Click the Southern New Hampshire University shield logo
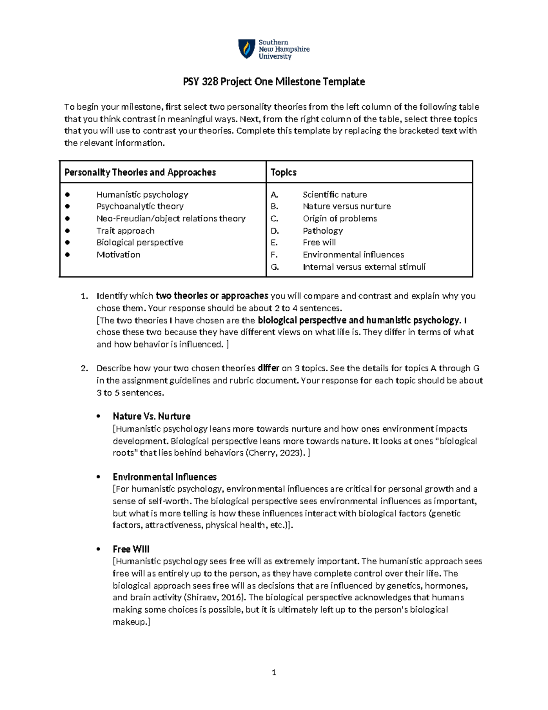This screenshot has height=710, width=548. (x=247, y=49)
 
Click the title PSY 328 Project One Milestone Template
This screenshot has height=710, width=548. (x=274, y=82)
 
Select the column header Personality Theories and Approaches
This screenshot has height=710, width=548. (x=140, y=172)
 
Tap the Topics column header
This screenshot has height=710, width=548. (x=284, y=172)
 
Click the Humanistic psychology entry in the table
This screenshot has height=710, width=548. (x=142, y=194)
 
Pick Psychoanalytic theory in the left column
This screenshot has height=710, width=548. (x=140, y=206)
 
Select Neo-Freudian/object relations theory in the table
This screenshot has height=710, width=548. (x=171, y=219)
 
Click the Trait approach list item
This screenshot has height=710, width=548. (x=125, y=230)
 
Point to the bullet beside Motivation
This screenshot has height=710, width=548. (x=68, y=255)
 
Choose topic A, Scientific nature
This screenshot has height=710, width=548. (x=334, y=194)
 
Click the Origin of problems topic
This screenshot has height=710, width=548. (x=339, y=219)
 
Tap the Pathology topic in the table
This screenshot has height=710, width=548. (x=322, y=230)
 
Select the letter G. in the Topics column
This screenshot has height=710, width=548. (x=274, y=267)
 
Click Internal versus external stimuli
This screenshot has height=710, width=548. (x=364, y=267)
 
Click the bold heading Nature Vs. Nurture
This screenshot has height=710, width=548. (x=151, y=416)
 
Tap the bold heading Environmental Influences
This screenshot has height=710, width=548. (x=164, y=477)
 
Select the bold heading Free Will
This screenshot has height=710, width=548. (x=131, y=549)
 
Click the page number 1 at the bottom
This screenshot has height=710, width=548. (x=274, y=672)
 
